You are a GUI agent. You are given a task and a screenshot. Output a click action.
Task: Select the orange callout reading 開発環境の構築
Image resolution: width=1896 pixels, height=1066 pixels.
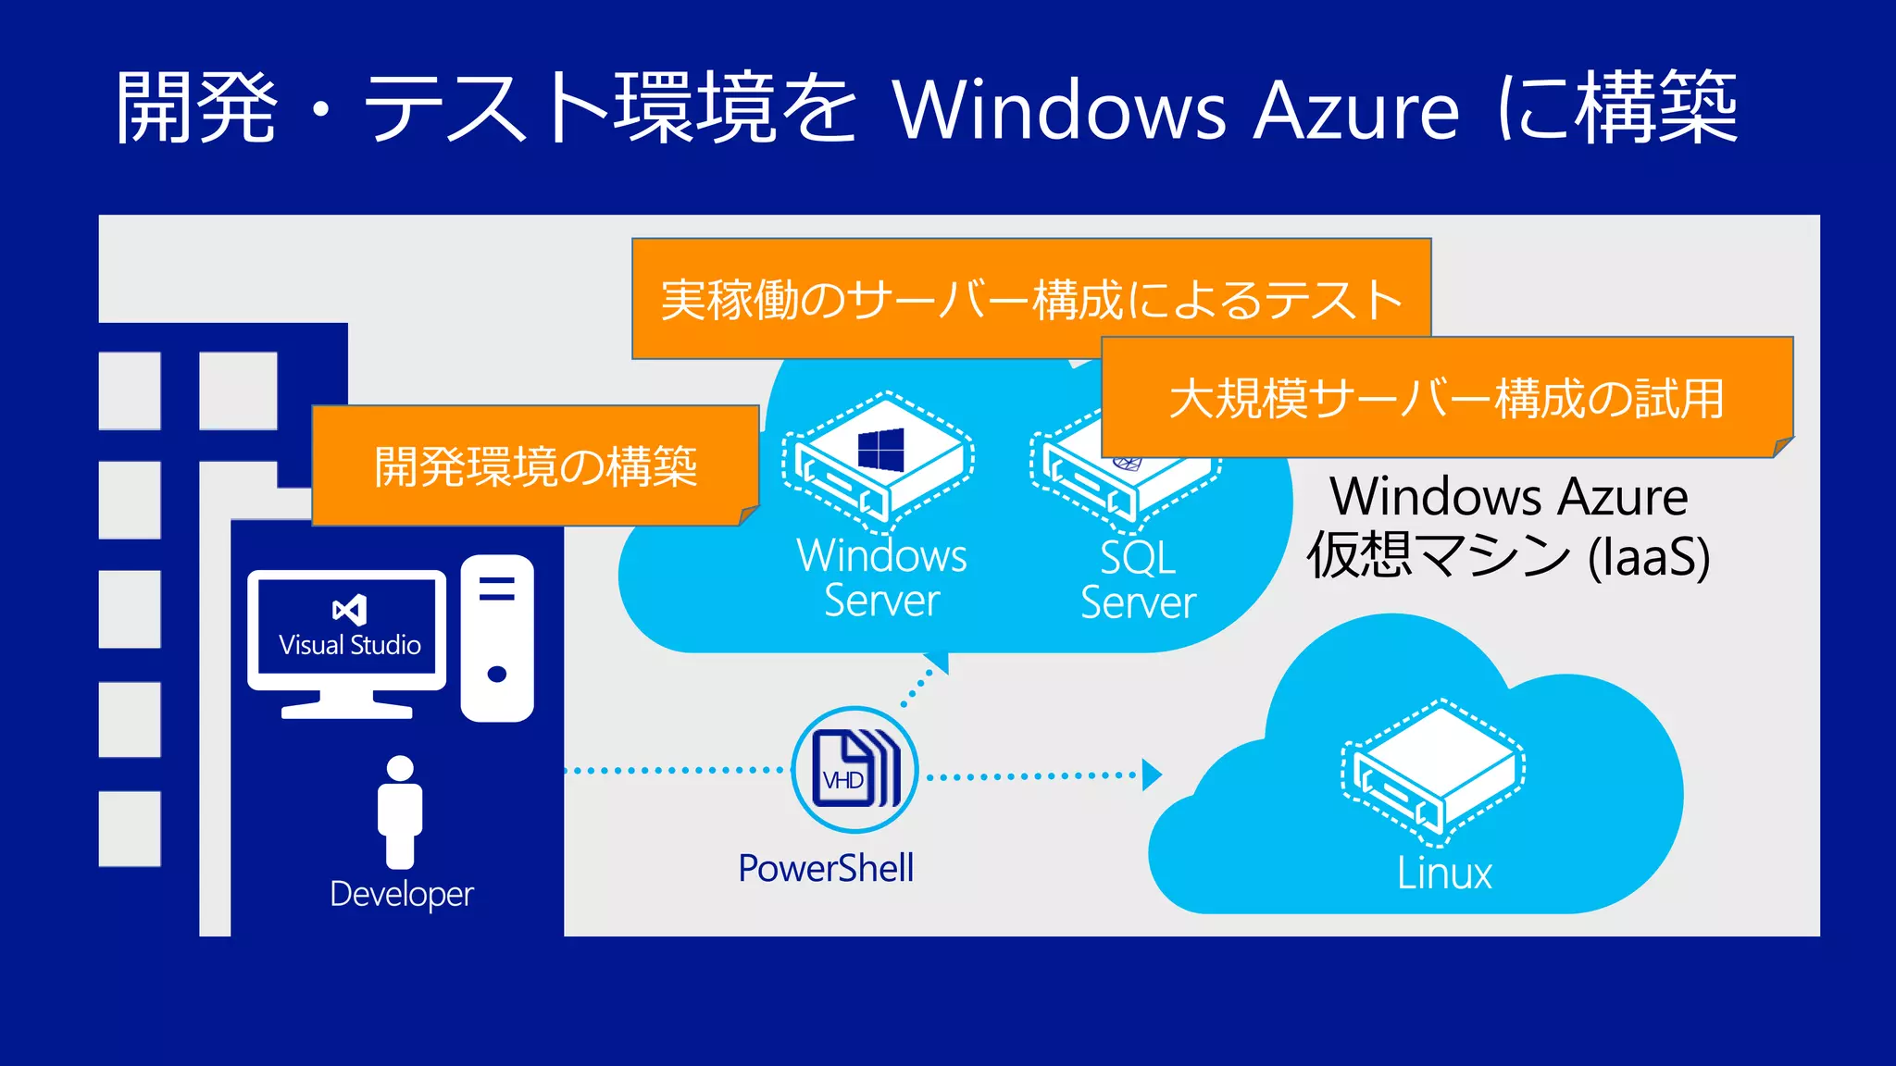click(535, 465)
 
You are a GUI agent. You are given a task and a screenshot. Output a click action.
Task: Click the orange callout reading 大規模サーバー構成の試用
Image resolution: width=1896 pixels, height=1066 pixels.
click(1446, 398)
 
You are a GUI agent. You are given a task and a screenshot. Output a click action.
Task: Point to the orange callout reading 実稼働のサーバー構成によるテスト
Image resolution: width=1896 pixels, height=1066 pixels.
click(1030, 299)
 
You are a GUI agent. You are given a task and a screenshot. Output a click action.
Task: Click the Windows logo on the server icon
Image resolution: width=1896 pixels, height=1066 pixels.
click(880, 450)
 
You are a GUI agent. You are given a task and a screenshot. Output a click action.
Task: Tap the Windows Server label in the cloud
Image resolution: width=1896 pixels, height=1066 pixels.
click(881, 577)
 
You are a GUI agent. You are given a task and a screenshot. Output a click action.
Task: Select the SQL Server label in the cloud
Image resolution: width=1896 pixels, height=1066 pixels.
click(1138, 580)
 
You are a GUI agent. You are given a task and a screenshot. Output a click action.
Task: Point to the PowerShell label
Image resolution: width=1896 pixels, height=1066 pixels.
click(826, 868)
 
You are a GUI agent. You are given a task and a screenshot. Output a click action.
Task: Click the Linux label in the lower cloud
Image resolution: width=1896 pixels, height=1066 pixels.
click(1444, 874)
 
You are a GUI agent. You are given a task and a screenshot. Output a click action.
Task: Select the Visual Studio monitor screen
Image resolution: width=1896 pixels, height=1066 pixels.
click(347, 629)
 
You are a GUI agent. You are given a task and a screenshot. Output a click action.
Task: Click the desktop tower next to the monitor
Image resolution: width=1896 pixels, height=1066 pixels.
click(497, 638)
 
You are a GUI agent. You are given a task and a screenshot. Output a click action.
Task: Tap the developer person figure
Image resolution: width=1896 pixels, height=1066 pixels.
click(400, 812)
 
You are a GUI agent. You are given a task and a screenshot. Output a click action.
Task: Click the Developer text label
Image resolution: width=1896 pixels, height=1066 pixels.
click(402, 894)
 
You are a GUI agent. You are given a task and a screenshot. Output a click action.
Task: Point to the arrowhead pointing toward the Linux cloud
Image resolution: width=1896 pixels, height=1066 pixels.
click(1151, 775)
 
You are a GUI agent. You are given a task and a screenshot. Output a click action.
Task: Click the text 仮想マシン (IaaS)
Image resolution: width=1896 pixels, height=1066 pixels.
click(1508, 556)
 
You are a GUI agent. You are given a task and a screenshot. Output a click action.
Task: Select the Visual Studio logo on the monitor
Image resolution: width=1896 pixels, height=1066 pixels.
click(349, 610)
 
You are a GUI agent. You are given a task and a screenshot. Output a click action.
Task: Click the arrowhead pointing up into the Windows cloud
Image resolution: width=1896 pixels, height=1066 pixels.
click(938, 662)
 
